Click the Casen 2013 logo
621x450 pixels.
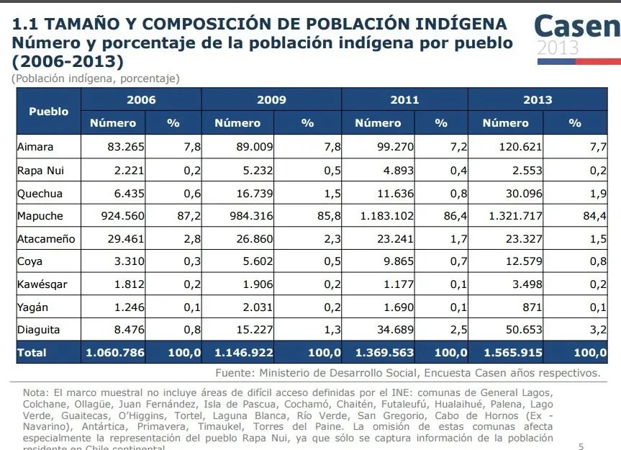576,35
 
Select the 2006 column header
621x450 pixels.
141,100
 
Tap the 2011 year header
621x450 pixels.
404,100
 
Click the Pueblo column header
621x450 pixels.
49,112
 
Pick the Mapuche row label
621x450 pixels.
40,216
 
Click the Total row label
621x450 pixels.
32,353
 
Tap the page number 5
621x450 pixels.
581,446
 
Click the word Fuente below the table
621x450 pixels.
235,373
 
